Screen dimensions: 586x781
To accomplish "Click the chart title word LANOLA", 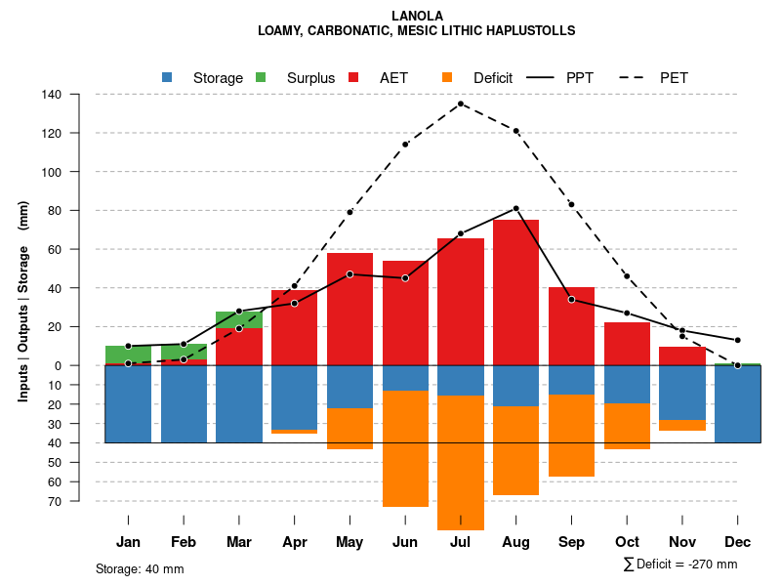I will pyautogui.click(x=417, y=16).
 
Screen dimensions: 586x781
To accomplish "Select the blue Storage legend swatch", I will pyautogui.click(x=167, y=77).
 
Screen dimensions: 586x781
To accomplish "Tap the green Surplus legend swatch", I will pyautogui.click(x=261, y=77).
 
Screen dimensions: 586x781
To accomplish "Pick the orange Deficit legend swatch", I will pyautogui.click(x=447, y=77).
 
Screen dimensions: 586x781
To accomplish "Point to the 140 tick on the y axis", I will pyautogui.click(x=52, y=95).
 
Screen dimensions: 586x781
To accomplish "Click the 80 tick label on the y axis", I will pyautogui.click(x=55, y=211).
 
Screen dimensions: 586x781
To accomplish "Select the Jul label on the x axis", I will pyautogui.click(x=461, y=542).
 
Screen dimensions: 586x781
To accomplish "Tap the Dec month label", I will pyautogui.click(x=737, y=542).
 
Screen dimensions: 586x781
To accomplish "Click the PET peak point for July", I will pyautogui.click(x=461, y=104).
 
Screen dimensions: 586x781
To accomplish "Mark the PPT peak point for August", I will pyautogui.click(x=515, y=208).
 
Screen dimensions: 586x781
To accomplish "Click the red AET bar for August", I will pyautogui.click(x=515, y=293).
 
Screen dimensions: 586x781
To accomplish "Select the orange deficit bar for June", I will pyautogui.click(x=405, y=449).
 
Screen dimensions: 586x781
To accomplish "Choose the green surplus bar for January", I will pyautogui.click(x=128, y=355).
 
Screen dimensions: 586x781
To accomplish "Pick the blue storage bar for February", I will pyautogui.click(x=184, y=403).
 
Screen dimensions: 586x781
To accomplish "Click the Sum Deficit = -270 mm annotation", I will pyautogui.click(x=679, y=565).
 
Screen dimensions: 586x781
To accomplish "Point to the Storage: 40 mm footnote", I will pyautogui.click(x=140, y=568).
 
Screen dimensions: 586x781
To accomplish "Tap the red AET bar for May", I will pyautogui.click(x=349, y=309).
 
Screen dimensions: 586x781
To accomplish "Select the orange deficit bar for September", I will pyautogui.click(x=571, y=436).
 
